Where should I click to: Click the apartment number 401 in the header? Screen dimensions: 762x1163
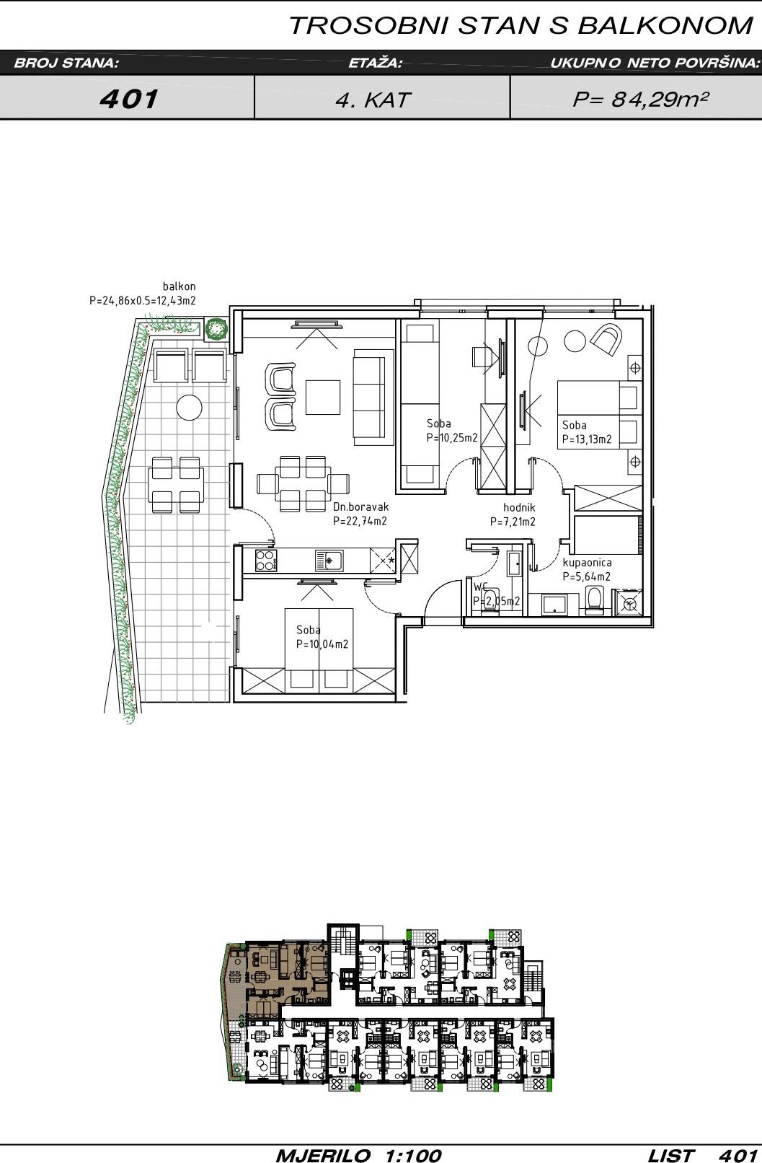point(129,99)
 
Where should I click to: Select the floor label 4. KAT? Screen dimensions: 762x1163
point(373,100)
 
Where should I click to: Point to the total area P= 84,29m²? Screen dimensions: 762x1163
point(641,99)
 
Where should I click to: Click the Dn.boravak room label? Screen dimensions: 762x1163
point(361,506)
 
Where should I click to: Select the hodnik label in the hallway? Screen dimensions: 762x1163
point(519,507)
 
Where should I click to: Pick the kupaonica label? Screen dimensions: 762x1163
point(588,562)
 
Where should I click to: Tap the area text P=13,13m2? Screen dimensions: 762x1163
point(588,439)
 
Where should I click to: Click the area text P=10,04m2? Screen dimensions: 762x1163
point(322,644)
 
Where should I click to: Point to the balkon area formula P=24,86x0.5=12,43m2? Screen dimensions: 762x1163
point(143,301)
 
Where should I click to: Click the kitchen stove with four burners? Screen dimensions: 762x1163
point(265,560)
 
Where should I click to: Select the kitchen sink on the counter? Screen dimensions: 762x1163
point(329,560)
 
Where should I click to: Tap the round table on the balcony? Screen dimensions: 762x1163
point(190,408)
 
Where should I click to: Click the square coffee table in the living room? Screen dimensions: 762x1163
point(323,398)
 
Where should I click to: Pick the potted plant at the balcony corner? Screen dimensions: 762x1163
point(216,329)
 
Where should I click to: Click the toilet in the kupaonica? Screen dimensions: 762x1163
point(594,600)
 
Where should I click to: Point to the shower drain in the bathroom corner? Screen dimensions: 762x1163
point(630,604)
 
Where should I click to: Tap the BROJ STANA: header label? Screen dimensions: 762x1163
point(66,63)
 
